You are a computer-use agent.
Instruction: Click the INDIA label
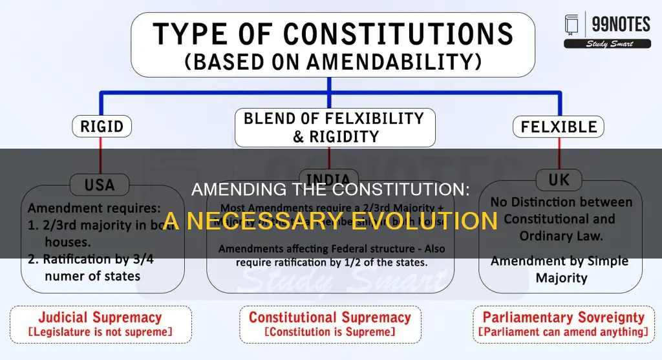pyautogui.click(x=329, y=179)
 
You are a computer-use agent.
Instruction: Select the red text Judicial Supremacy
pyautogui.click(x=100, y=317)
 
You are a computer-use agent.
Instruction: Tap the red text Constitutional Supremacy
pyautogui.click(x=330, y=317)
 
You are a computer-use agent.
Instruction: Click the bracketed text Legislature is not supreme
pyautogui.click(x=100, y=332)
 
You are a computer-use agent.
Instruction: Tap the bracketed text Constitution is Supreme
pyautogui.click(x=330, y=332)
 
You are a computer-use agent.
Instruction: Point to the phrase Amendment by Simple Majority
pyautogui.click(x=559, y=269)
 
